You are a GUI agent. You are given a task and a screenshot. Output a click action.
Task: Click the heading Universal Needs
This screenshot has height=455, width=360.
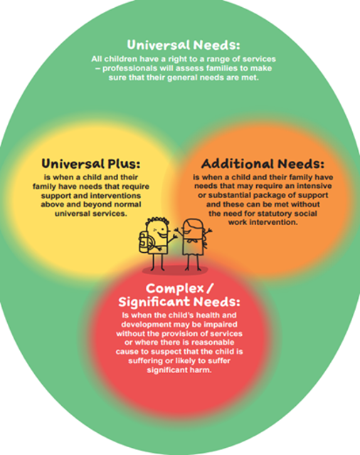(184, 45)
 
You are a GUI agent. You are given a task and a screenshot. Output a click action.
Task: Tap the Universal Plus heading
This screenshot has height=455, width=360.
(91, 163)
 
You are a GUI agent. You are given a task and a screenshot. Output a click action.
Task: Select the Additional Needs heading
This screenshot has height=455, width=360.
(263, 164)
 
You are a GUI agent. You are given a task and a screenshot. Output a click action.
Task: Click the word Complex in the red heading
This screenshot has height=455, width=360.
(175, 288)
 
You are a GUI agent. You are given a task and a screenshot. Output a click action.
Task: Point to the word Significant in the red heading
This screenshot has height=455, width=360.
(154, 302)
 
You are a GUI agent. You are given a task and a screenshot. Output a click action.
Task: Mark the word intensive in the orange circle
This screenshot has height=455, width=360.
(314, 186)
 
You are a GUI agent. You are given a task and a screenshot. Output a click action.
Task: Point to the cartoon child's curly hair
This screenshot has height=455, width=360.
(157, 221)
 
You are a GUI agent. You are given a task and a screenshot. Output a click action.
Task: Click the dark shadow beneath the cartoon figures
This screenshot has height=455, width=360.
(175, 271)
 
